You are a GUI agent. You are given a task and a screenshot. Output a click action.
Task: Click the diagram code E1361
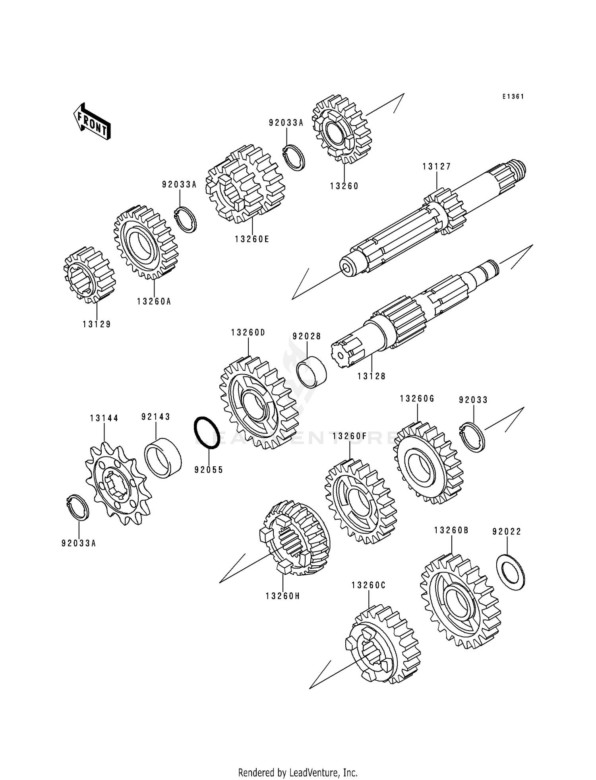(x=513, y=97)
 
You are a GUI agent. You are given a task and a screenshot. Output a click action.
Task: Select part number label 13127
(x=437, y=167)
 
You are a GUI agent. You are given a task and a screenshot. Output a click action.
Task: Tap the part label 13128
(x=372, y=376)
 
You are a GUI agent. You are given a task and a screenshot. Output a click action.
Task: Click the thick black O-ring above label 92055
(x=207, y=433)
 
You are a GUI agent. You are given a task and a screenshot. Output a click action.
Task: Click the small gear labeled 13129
(x=89, y=275)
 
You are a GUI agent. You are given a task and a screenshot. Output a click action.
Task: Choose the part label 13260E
(x=252, y=239)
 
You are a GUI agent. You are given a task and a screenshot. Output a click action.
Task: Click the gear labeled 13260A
(x=145, y=242)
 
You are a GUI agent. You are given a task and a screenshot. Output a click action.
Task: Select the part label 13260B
(x=451, y=530)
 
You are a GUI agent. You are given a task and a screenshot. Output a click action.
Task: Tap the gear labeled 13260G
(x=428, y=464)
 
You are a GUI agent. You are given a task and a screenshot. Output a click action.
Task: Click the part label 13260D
(x=248, y=332)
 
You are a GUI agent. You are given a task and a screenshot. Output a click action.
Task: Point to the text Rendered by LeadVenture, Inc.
(x=298, y=772)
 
